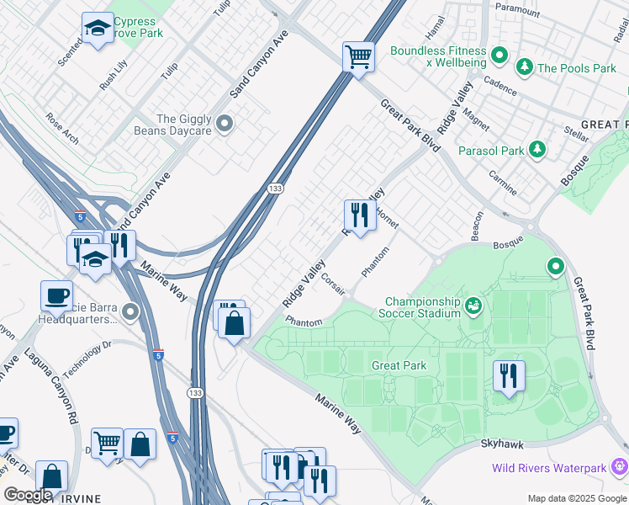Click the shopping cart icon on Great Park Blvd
coord(359,58)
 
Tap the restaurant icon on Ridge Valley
coord(359,215)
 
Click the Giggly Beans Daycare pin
coord(225,125)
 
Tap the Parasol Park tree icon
coord(536,151)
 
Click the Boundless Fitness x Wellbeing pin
coord(499,56)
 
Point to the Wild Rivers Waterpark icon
coord(619,465)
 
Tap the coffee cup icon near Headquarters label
coord(56,296)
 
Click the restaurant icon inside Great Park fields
coord(508,375)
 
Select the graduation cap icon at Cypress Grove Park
coord(98,29)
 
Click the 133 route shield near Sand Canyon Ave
coord(275,188)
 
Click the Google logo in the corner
coord(27,495)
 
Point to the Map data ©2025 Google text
coord(576,498)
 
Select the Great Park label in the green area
coord(399,365)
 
